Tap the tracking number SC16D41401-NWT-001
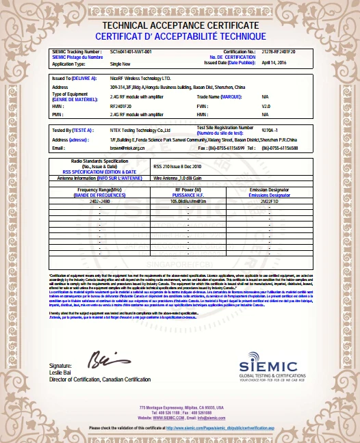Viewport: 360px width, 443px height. click(x=131, y=51)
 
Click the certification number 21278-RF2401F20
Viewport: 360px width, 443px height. click(x=283, y=51)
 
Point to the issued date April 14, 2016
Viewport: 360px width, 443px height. click(x=276, y=62)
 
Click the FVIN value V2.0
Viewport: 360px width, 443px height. click(x=267, y=106)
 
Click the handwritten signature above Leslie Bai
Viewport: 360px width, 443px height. click(x=103, y=358)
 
